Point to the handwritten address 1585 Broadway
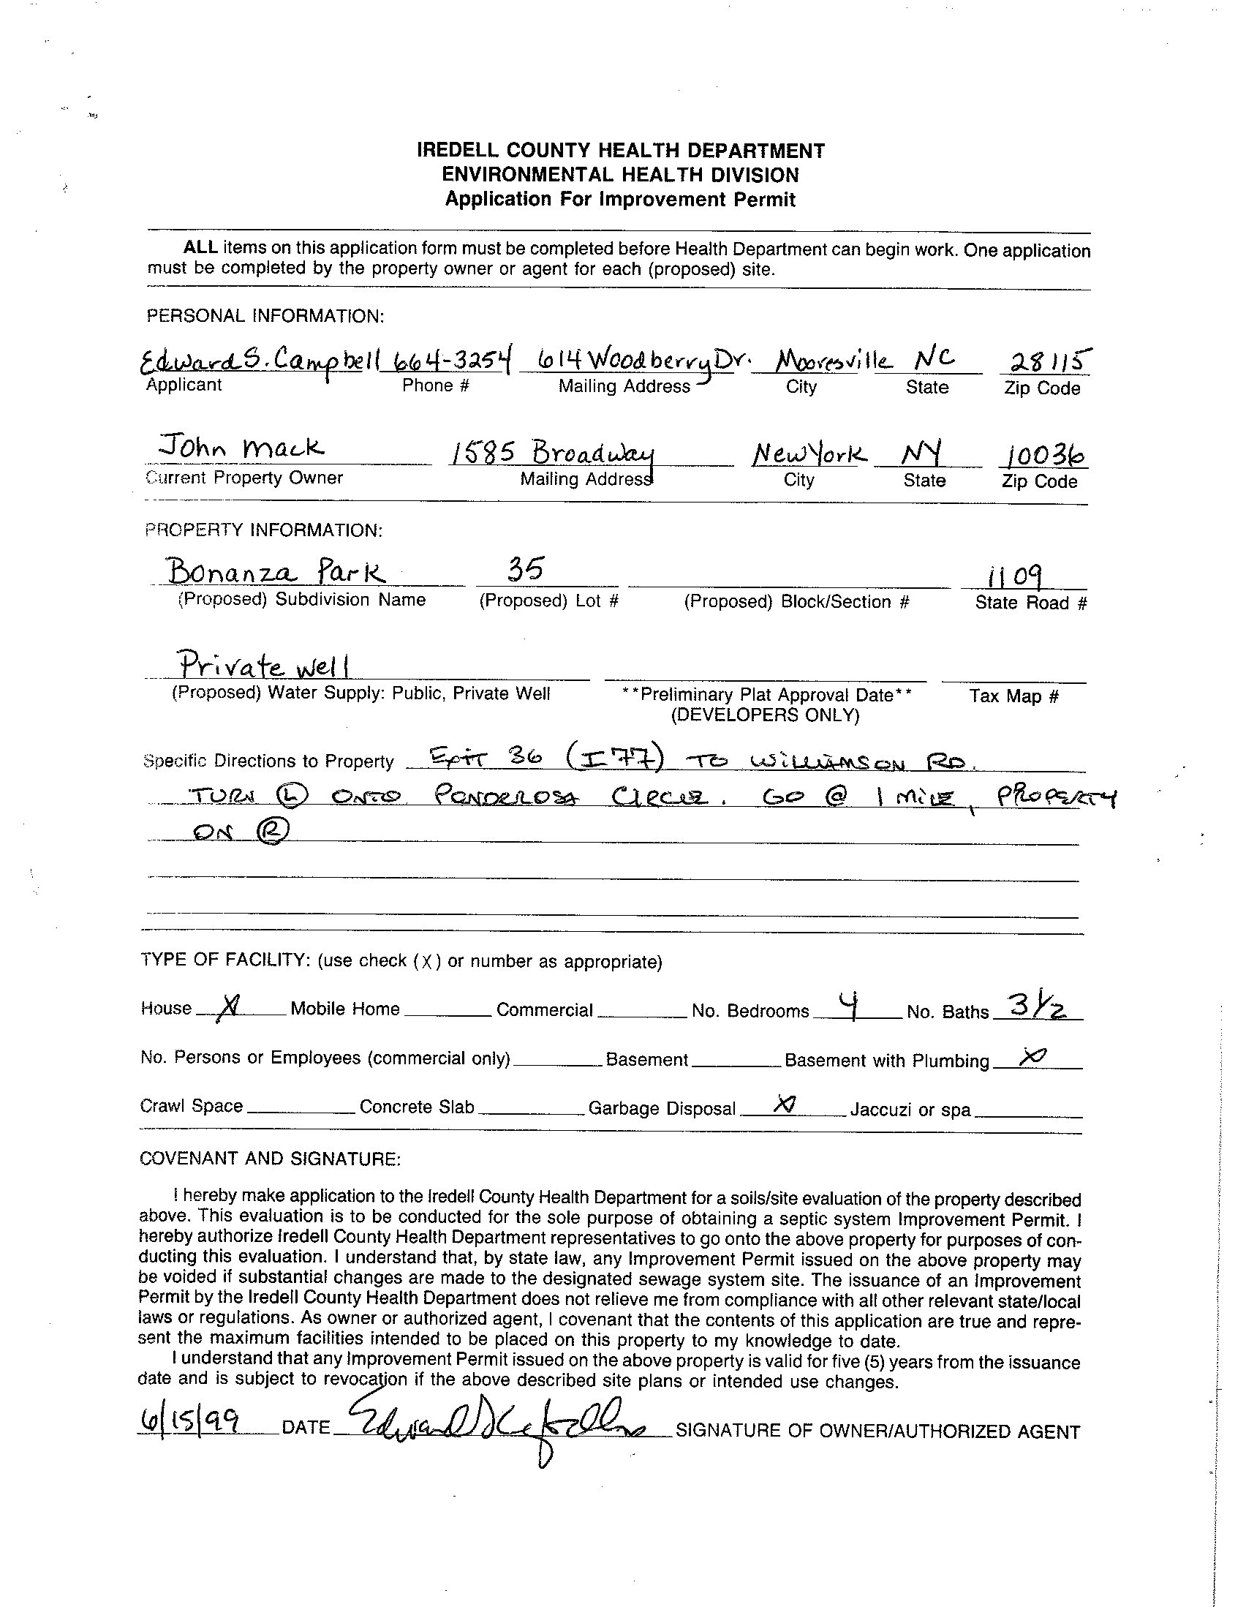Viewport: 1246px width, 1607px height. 552,451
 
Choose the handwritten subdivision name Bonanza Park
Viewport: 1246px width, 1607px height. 274,571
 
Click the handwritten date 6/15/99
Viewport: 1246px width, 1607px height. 190,1423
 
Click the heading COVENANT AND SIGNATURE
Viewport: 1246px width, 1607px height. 270,1159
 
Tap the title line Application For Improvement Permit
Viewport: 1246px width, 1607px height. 620,200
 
